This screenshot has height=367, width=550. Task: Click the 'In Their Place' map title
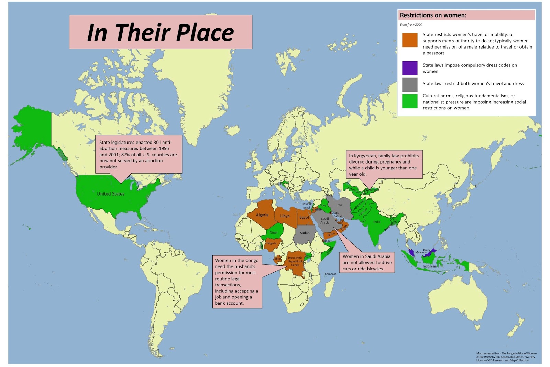[x=161, y=32]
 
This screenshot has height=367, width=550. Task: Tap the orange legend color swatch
[x=410, y=40]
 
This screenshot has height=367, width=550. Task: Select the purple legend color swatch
[x=410, y=68]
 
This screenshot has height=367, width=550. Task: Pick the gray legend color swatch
[x=410, y=84]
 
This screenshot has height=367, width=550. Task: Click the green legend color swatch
[x=410, y=102]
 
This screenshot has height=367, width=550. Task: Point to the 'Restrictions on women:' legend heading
[x=433, y=15]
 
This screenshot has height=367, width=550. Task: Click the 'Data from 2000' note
[x=411, y=25]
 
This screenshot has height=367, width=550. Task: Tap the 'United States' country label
[x=111, y=194]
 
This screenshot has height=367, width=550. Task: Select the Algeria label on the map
[x=262, y=215]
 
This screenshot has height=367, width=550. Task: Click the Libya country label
[x=285, y=216]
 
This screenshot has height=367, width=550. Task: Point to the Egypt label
[x=304, y=217]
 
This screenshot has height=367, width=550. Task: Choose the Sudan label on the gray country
[x=305, y=233]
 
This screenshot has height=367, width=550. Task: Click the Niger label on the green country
[x=274, y=233]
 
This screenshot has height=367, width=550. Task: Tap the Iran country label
[x=339, y=205]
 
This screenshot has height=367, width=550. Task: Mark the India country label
[x=377, y=222]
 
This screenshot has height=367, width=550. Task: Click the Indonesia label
[x=429, y=266]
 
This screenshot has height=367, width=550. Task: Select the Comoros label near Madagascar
[x=330, y=274]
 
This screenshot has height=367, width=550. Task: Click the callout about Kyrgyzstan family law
[x=384, y=165]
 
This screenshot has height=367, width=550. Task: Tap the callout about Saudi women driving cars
[x=367, y=262]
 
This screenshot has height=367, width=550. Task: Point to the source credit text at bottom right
[x=506, y=357]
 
